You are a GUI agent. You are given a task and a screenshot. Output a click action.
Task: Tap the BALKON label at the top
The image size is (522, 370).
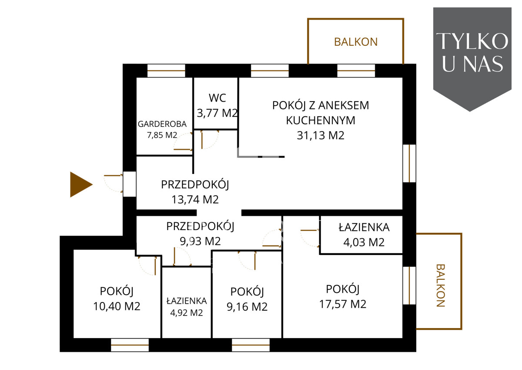(356, 42)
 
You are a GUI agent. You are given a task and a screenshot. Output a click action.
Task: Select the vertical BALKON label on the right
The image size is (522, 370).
(440, 285)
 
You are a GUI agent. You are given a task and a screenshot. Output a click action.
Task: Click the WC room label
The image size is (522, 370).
(217, 98)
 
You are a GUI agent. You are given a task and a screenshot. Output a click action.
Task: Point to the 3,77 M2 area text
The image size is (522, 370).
(217, 113)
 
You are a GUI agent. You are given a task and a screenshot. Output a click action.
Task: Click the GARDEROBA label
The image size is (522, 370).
(162, 124)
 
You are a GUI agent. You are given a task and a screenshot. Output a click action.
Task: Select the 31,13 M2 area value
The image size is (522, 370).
(321, 136)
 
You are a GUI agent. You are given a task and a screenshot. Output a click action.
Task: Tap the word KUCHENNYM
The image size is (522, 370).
(321, 120)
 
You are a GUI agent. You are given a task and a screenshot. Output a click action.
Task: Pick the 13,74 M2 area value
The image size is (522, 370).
(195, 200)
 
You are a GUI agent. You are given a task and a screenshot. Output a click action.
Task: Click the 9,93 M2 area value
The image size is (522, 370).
(200, 241)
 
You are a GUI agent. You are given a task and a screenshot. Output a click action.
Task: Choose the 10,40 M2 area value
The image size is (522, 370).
(117, 306)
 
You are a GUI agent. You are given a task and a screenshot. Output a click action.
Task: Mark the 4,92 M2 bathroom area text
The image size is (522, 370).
(187, 313)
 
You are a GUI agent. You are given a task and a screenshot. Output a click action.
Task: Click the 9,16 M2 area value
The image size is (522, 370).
(247, 307)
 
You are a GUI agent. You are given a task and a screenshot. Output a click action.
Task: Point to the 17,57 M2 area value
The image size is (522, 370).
(343, 304)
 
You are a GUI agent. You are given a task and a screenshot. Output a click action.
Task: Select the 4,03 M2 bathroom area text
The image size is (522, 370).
(364, 242)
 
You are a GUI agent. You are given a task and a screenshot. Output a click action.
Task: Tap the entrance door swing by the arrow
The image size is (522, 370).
(113, 183)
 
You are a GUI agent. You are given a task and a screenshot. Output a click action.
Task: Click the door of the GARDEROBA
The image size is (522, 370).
(183, 142)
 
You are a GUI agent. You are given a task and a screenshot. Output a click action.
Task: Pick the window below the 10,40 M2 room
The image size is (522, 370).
(130, 345)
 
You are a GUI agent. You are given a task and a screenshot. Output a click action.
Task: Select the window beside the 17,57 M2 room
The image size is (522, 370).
(409, 286)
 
